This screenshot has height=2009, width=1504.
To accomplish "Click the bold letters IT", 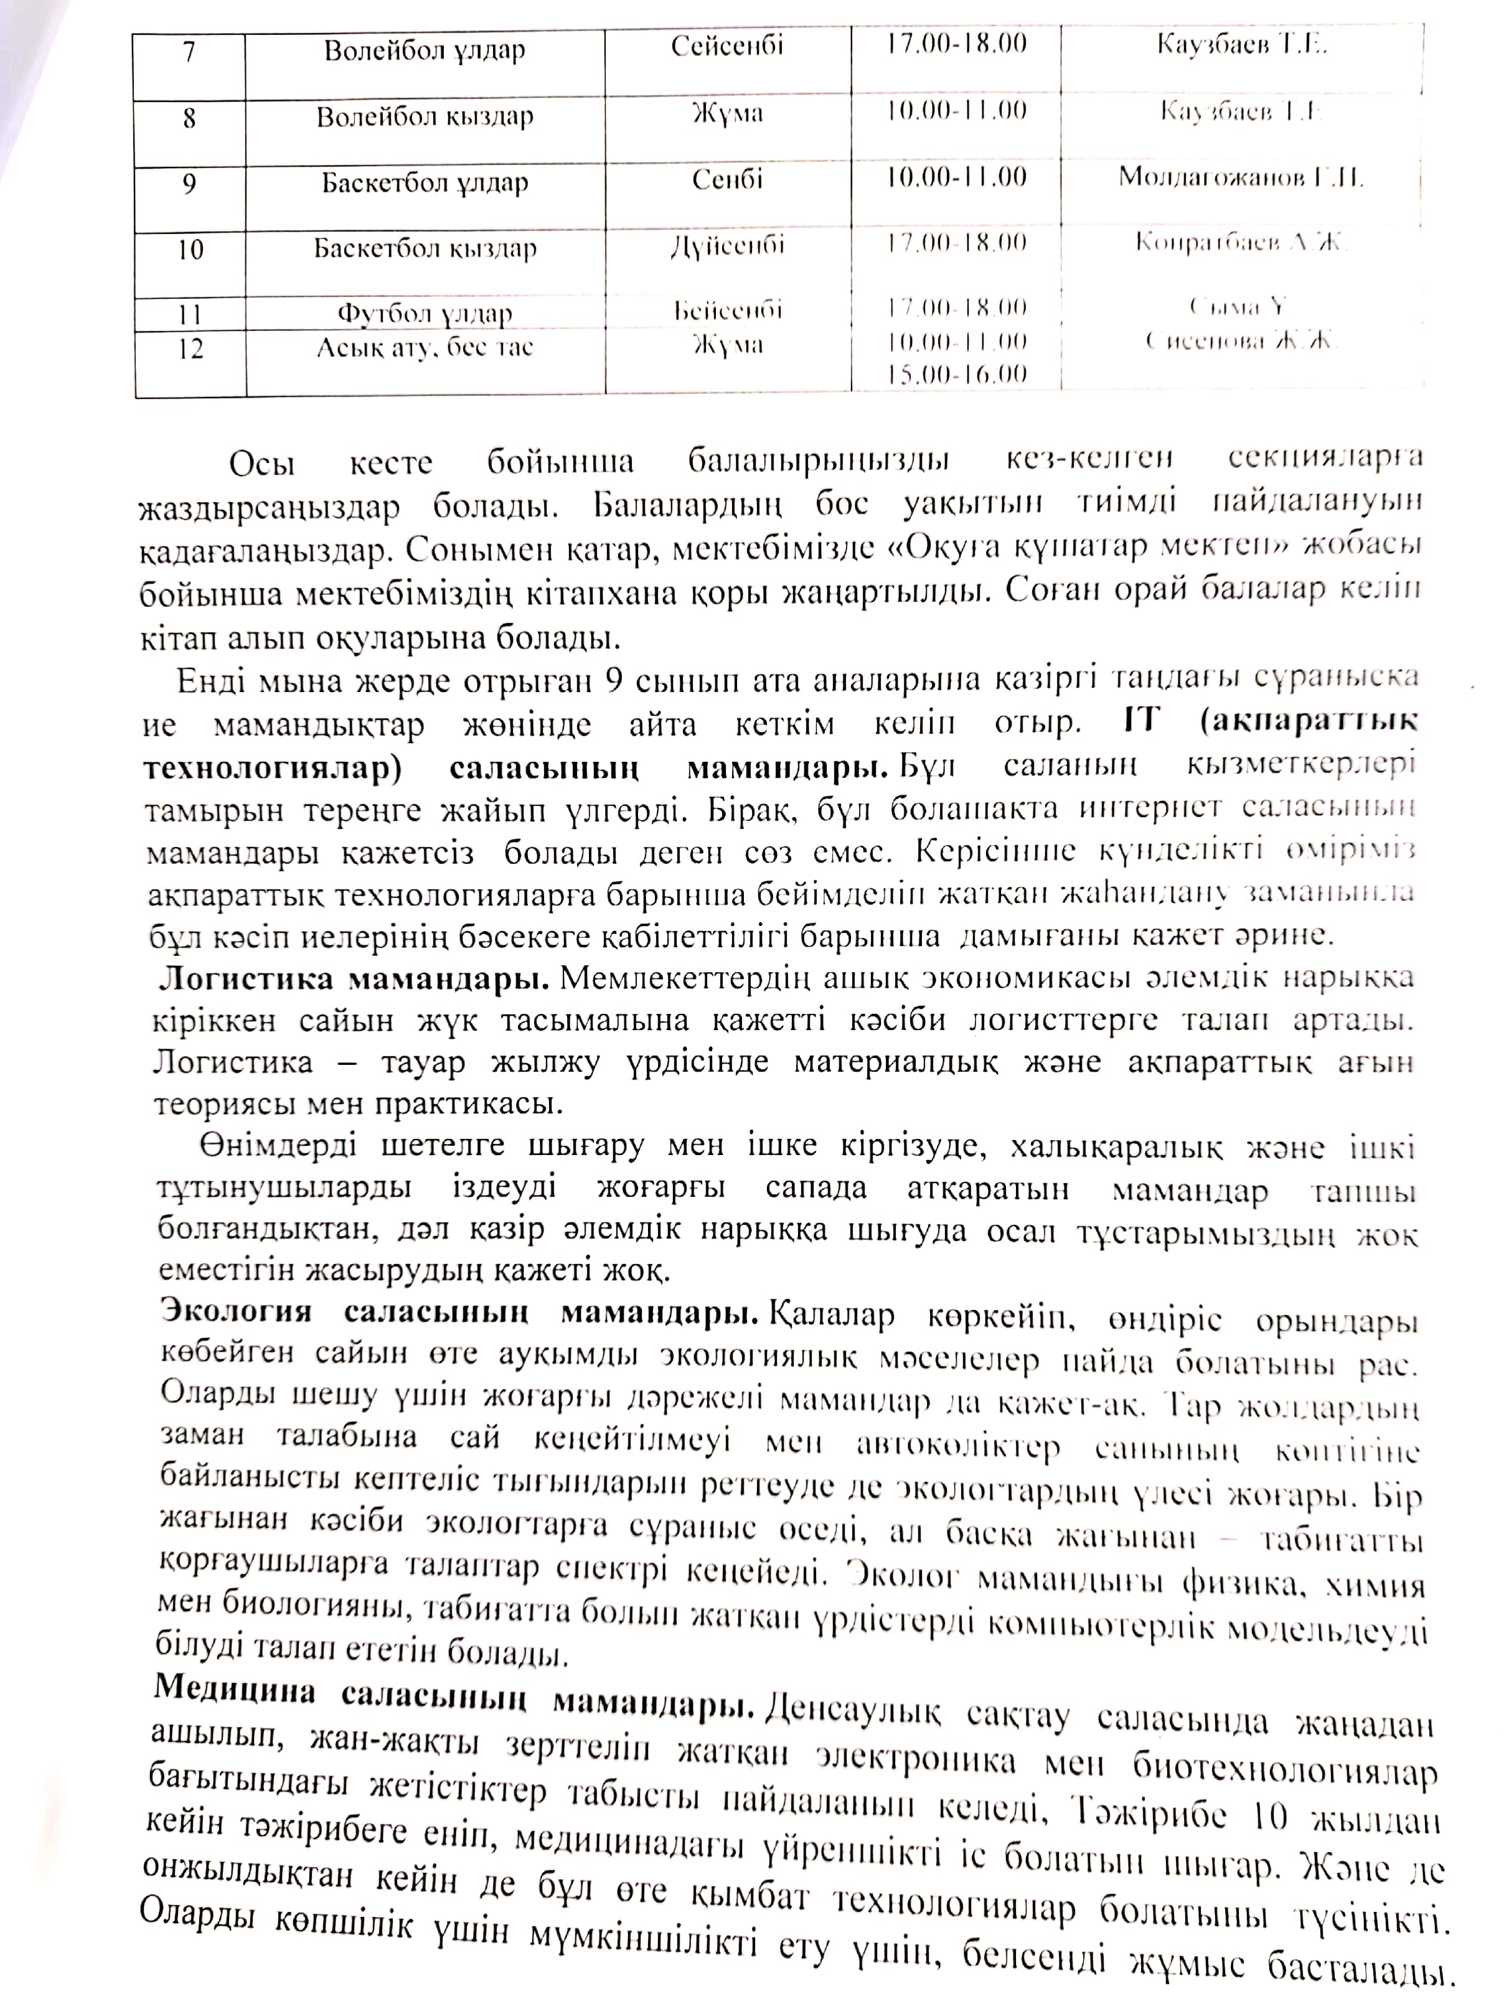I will tap(1130, 721).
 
